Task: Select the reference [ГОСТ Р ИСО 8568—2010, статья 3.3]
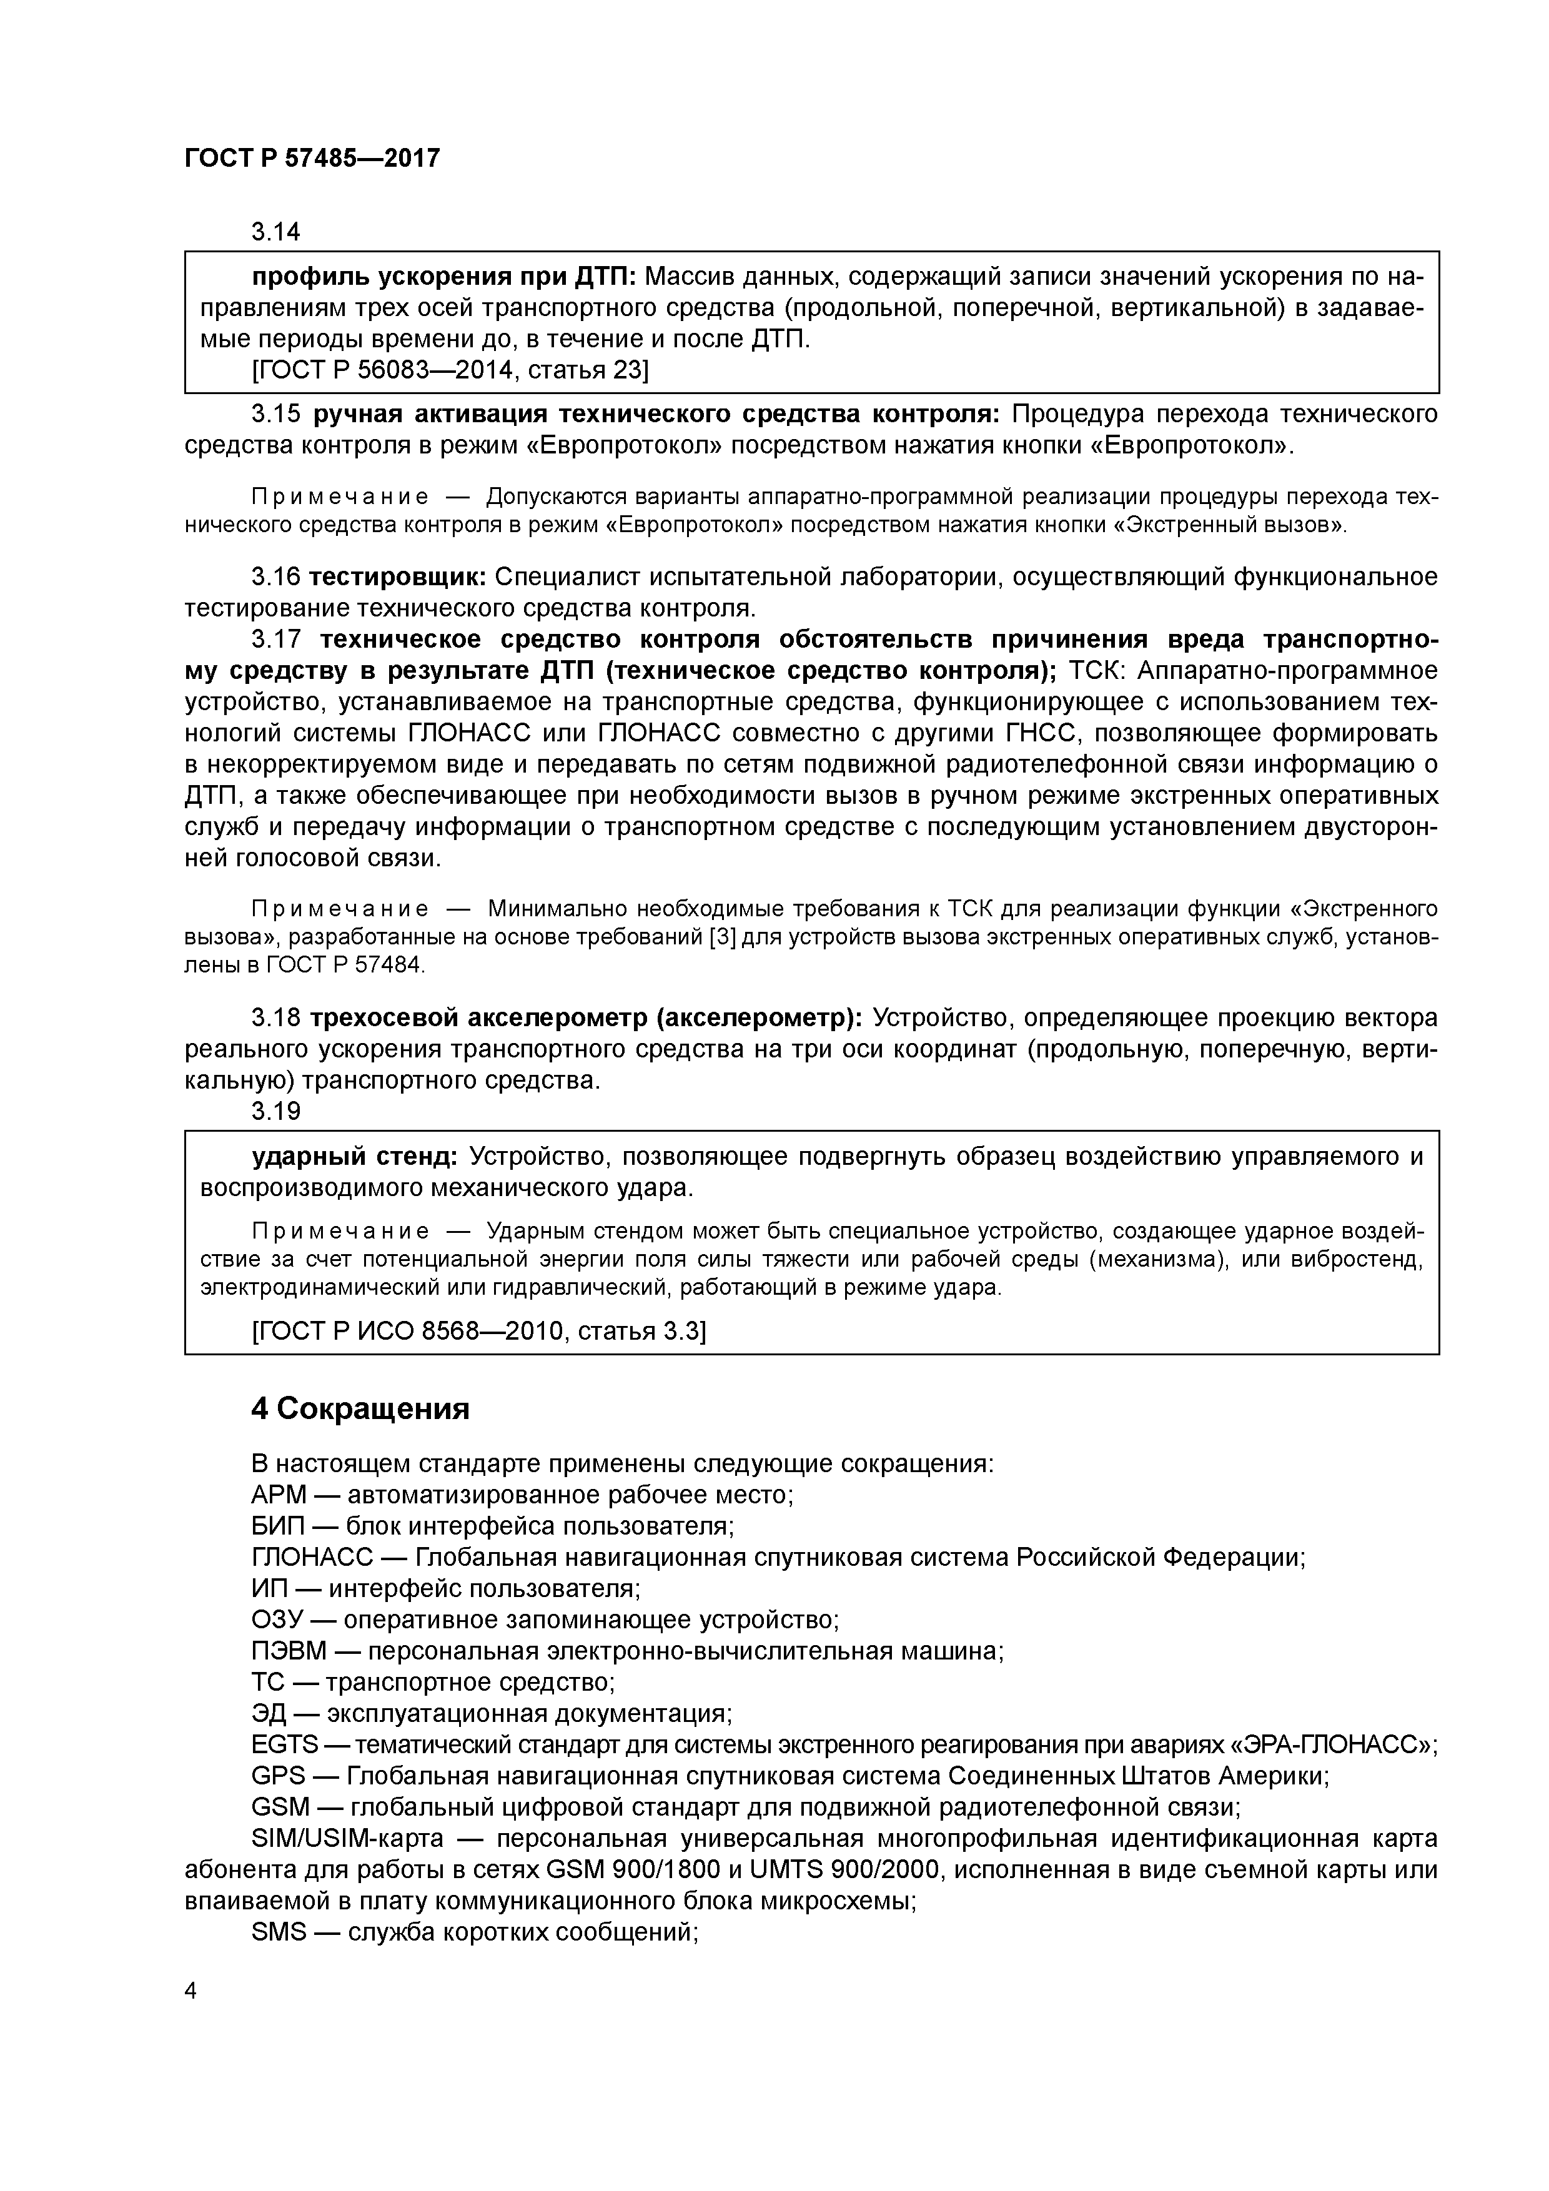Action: point(478,1330)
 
